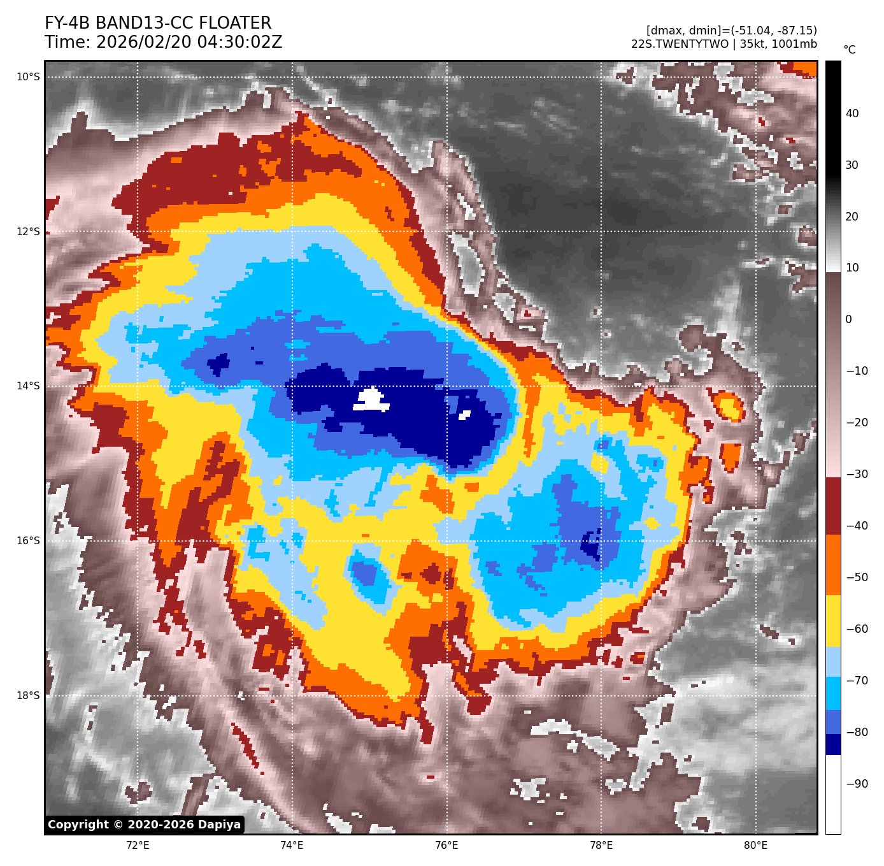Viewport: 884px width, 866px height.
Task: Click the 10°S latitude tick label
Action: click(x=28, y=77)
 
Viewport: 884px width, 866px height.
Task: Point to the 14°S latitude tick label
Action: click(x=28, y=386)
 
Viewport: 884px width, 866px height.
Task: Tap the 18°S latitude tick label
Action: click(x=28, y=695)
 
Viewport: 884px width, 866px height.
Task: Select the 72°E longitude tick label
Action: click(x=138, y=846)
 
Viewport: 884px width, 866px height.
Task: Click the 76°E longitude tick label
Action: click(x=446, y=846)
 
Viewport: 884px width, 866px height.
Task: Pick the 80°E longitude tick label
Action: click(x=755, y=846)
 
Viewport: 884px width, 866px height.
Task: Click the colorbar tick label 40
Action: click(x=852, y=113)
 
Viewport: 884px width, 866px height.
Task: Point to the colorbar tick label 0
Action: click(x=848, y=319)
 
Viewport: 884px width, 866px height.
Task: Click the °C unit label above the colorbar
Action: click(x=850, y=50)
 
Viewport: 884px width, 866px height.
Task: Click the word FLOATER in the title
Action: click(x=235, y=24)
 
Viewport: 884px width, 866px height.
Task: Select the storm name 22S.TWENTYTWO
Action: click(x=680, y=44)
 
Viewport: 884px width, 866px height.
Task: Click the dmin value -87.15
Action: click(x=792, y=31)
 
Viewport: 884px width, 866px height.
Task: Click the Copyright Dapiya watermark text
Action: click(x=145, y=825)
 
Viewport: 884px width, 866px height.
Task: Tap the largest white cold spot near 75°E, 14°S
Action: click(x=370, y=400)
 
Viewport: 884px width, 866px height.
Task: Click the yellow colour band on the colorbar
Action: click(x=833, y=621)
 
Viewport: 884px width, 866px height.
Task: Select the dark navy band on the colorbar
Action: click(x=833, y=744)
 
